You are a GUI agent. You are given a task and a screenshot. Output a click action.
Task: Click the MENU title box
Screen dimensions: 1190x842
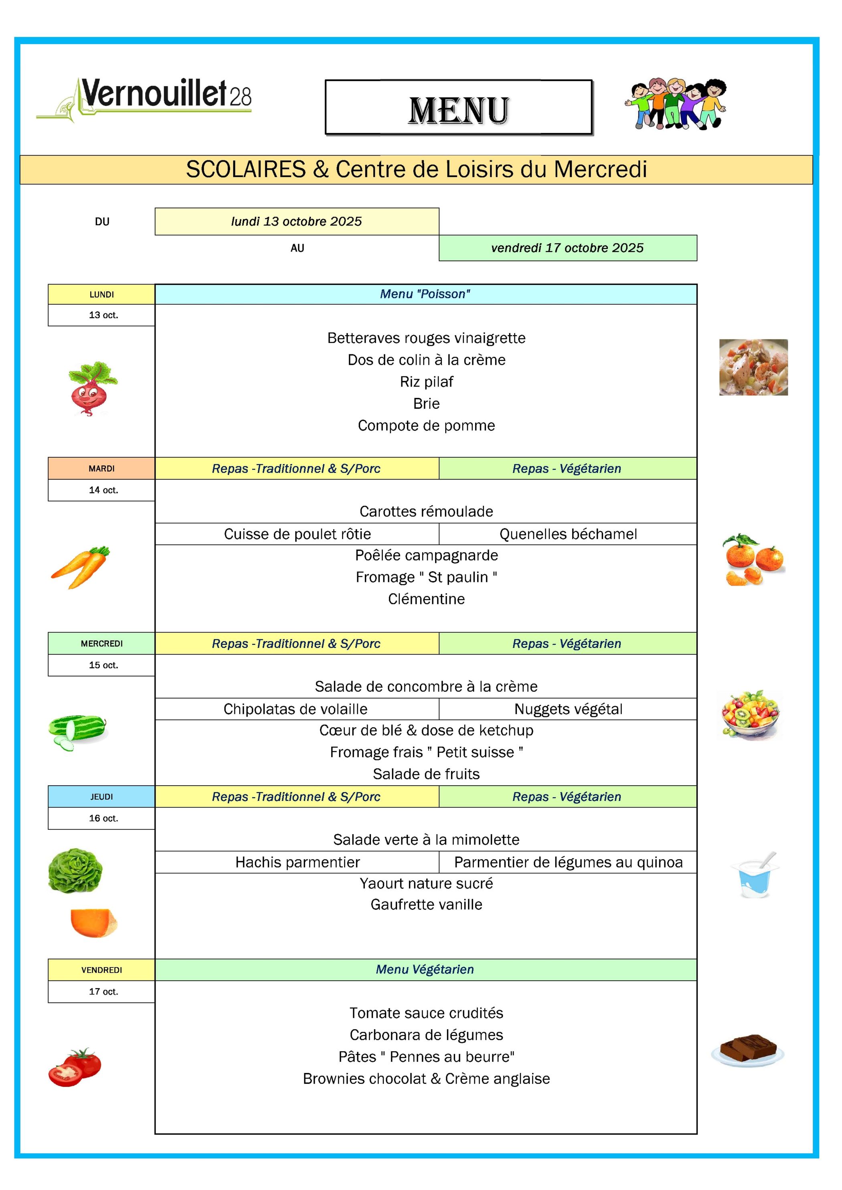(458, 108)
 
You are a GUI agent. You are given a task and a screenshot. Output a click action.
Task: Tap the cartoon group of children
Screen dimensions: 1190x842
(676, 104)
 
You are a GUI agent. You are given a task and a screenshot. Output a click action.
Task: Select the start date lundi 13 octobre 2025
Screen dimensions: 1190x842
(297, 221)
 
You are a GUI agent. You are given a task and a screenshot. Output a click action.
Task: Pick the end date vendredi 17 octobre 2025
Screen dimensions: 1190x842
(567, 248)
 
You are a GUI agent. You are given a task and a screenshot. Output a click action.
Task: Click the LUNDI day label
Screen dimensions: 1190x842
(101, 294)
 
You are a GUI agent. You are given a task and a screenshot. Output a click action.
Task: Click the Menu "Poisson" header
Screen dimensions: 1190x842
(425, 294)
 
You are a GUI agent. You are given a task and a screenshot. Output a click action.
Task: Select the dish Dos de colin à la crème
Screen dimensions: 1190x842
(426, 360)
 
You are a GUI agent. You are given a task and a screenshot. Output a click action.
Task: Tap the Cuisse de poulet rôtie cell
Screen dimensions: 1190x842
(297, 534)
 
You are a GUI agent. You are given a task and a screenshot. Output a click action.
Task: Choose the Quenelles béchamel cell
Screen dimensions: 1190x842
(568, 534)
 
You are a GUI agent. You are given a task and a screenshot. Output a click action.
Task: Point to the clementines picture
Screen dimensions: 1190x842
(753, 560)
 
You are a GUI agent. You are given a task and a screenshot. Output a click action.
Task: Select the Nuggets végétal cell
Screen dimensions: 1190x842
(568, 709)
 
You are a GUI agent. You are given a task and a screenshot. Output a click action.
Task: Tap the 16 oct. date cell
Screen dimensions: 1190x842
(103, 818)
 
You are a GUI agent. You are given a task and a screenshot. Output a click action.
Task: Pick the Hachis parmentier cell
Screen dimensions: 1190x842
(297, 862)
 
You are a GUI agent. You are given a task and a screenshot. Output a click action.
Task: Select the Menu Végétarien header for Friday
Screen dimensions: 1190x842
(425, 969)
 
